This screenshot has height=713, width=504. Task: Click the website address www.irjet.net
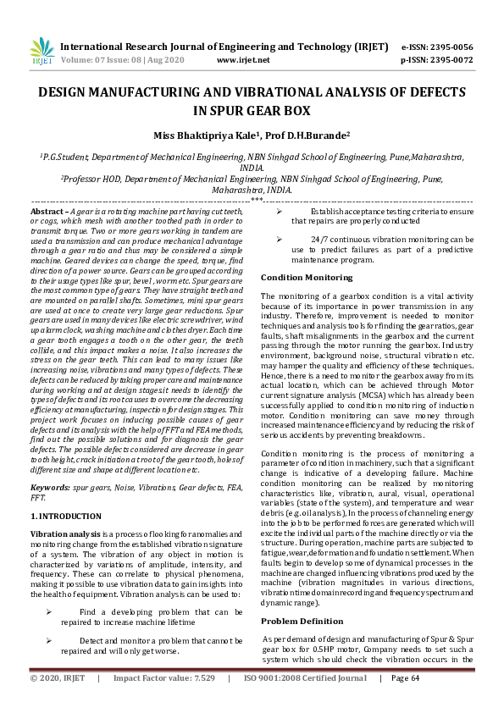[243, 61]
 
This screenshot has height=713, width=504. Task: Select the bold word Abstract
[48, 211]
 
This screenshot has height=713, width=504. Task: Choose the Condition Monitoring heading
[300, 277]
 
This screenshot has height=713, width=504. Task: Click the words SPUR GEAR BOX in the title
[252, 109]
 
